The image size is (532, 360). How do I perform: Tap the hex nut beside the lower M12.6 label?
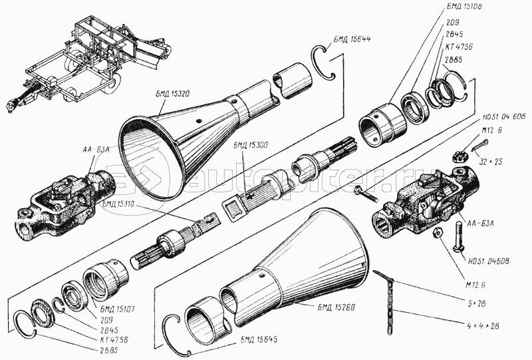coord(438,234)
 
